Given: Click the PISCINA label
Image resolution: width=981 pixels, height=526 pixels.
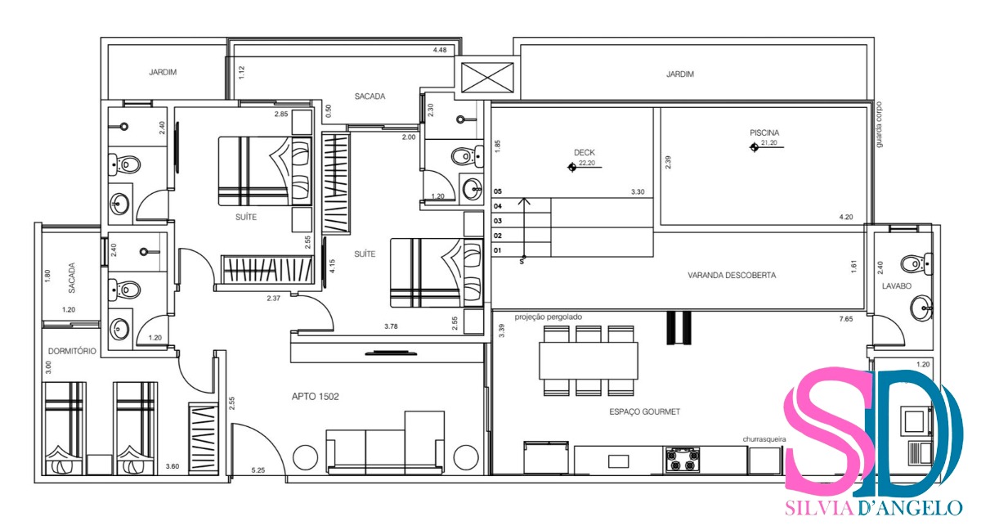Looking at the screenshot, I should point(764,133).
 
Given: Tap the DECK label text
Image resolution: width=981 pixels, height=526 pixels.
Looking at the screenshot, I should point(584,152).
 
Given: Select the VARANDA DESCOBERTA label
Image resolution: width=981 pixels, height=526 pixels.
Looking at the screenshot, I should point(732,276).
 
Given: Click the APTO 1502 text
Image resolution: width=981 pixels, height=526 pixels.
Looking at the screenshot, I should point(315,397).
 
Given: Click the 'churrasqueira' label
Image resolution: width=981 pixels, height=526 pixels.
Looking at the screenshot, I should point(764,439).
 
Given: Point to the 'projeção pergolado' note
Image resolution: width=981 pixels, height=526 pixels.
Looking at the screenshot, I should point(548,317).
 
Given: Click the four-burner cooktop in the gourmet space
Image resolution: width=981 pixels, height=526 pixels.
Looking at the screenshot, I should point(682,459).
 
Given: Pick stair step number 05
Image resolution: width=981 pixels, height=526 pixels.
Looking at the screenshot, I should point(498,191).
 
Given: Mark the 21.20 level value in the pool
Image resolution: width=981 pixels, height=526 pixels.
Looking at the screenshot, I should point(768,144).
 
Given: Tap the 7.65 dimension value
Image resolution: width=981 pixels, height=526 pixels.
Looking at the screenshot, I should point(856,318).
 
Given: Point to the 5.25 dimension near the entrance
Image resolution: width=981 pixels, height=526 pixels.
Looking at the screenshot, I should point(258,470).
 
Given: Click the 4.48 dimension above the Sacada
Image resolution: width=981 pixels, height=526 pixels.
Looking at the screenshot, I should point(441,51).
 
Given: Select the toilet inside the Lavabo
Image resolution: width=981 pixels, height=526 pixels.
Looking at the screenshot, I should point(912,263).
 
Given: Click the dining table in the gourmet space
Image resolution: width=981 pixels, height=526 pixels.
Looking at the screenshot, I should point(588,360).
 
